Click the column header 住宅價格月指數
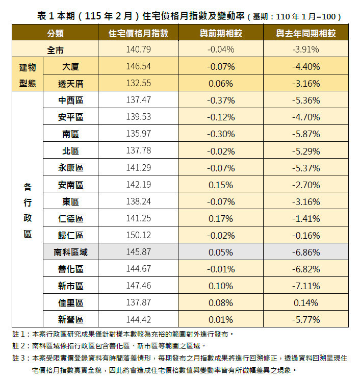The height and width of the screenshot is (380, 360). (x=138, y=33)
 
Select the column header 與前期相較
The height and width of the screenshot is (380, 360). (x=221, y=33)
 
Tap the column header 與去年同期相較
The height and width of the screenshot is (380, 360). (x=306, y=33)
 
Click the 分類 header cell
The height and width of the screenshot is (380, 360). (x=55, y=33)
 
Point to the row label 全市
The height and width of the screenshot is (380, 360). (x=55, y=49)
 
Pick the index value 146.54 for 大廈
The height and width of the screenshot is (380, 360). (x=138, y=67)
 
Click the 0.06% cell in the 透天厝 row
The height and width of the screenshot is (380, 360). (x=221, y=84)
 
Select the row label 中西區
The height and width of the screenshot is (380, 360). (x=70, y=100)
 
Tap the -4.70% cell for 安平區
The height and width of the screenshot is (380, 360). (x=306, y=117)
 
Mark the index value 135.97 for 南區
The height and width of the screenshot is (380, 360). (x=138, y=134)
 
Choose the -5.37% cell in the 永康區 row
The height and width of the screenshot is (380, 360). (x=306, y=168)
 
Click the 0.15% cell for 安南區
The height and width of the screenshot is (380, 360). (x=221, y=185)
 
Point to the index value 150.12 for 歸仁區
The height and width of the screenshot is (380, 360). (x=138, y=235)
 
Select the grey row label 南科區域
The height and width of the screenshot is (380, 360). (x=70, y=252)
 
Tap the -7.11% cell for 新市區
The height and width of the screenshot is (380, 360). (x=306, y=286)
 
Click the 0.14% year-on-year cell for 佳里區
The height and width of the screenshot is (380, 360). (x=306, y=302)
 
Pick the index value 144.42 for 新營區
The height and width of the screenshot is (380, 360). (x=138, y=320)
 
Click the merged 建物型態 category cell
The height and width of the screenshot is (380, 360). (x=28, y=75)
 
